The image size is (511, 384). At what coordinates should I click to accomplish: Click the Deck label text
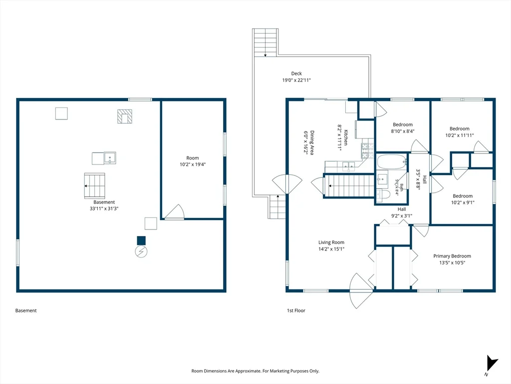(x=296, y=73)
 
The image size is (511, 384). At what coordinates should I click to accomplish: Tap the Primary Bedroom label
(x=452, y=256)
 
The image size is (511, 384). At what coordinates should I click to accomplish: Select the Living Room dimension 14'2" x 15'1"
(x=331, y=249)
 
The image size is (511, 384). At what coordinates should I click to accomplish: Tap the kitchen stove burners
(x=367, y=151)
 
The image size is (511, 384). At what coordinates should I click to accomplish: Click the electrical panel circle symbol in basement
(x=141, y=251)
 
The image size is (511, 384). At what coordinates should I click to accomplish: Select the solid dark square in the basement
(x=141, y=240)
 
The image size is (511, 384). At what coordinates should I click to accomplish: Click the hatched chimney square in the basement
(x=125, y=116)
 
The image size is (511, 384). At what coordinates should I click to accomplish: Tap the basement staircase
(x=94, y=186)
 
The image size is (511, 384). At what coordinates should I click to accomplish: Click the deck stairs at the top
(x=265, y=42)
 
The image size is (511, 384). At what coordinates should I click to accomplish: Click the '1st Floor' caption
(x=296, y=310)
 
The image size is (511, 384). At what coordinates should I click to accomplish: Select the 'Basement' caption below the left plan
(x=26, y=310)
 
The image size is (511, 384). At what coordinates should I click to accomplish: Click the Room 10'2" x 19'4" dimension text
(x=193, y=164)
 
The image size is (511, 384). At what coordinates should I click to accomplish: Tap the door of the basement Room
(x=175, y=212)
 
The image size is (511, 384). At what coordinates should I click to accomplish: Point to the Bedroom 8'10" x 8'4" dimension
(x=403, y=131)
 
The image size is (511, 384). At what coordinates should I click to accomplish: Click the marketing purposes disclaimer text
(x=255, y=371)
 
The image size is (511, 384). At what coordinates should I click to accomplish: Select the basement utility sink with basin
(x=110, y=157)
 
